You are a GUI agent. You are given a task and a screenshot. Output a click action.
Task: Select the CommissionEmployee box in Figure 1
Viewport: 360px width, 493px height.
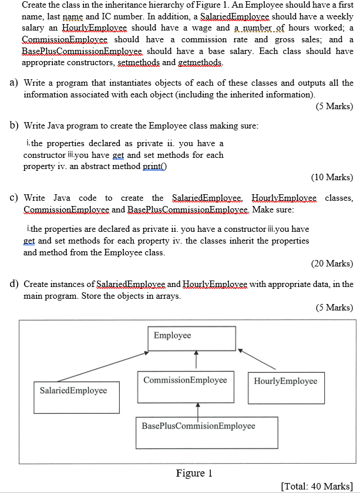click(x=185, y=386)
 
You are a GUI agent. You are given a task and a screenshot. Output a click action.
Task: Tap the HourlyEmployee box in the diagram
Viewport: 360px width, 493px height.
click(x=285, y=387)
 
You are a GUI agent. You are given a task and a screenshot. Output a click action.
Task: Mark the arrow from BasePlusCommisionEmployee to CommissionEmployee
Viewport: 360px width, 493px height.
click(x=198, y=410)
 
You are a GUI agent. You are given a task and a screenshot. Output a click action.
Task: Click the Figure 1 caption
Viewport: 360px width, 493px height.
click(x=190, y=473)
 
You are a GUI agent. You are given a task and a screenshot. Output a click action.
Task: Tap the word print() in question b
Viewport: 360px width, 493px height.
click(x=153, y=166)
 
